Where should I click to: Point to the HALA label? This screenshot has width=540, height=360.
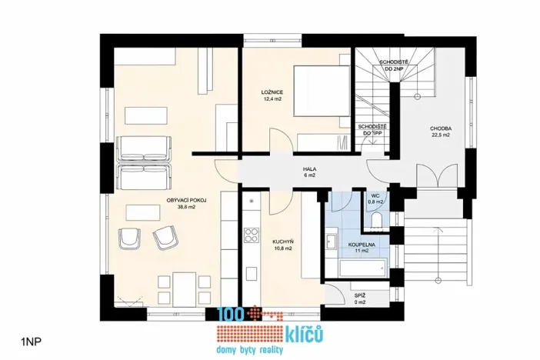[310, 168]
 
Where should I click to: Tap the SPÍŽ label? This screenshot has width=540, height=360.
[359, 295]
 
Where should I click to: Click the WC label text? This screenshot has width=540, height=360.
[375, 196]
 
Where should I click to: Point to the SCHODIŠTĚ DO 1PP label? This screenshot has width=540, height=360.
[372, 128]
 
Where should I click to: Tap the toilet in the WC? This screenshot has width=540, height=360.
[375, 222]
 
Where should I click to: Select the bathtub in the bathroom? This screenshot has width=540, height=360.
[355, 268]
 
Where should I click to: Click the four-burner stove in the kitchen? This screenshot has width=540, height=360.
[249, 234]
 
